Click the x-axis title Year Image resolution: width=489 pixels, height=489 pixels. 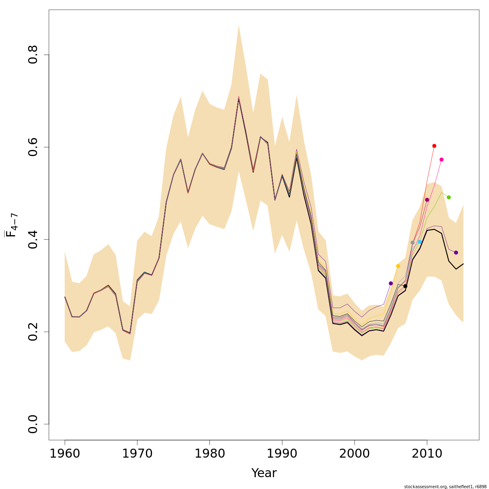pos(264,473)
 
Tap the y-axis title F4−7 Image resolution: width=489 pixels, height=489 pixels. pos(11,225)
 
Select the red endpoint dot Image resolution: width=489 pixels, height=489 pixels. pos(434,146)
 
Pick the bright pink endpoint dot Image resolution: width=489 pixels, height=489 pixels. pos(441,160)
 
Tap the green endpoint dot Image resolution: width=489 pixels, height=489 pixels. pos(449,197)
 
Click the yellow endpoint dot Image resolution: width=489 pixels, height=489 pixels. pos(398,266)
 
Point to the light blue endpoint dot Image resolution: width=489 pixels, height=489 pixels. pos(420,242)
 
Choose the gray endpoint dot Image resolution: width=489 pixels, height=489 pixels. pos(412,242)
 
